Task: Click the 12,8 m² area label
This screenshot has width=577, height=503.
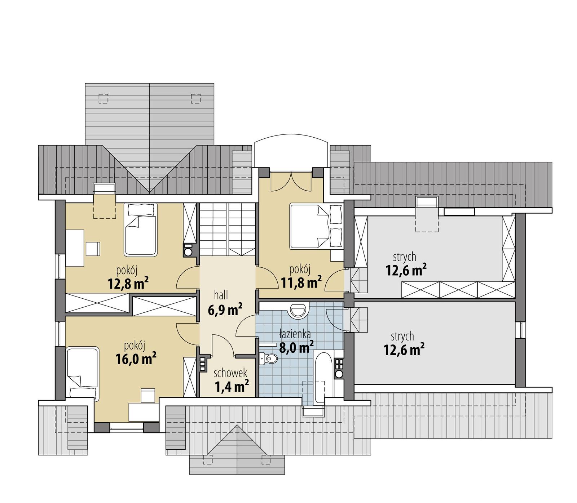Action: pyautogui.click(x=128, y=284)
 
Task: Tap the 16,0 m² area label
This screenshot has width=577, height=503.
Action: pyautogui.click(x=136, y=359)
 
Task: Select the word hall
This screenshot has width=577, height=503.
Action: pyautogui.click(x=221, y=295)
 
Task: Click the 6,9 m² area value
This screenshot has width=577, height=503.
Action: pyautogui.click(x=225, y=310)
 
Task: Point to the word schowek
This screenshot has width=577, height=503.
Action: pyautogui.click(x=230, y=373)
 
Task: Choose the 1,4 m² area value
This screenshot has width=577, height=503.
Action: pyautogui.click(x=232, y=387)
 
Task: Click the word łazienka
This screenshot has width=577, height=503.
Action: pyautogui.click(x=295, y=334)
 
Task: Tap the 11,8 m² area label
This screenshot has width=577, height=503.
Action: pyautogui.click(x=301, y=282)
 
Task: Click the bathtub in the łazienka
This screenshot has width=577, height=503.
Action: pyautogui.click(x=320, y=378)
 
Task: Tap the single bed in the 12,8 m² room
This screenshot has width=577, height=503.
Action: pyautogui.click(x=141, y=230)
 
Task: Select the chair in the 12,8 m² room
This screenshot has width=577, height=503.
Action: pyautogui.click(x=93, y=249)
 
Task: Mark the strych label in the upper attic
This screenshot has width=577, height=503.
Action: pyautogui.click(x=404, y=257)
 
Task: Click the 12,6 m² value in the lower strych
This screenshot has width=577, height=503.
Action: pyautogui.click(x=404, y=350)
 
